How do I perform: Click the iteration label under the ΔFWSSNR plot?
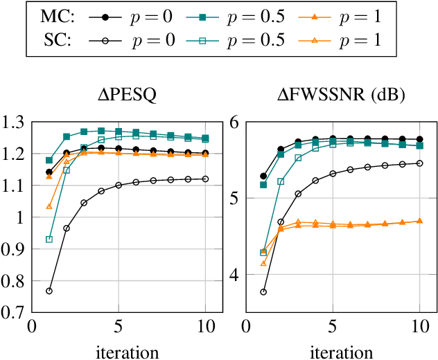point(333,351)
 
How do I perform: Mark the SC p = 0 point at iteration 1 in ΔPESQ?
point(49,291)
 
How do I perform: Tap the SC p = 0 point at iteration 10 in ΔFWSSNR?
point(419,163)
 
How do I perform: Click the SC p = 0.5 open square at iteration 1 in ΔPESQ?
point(49,240)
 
